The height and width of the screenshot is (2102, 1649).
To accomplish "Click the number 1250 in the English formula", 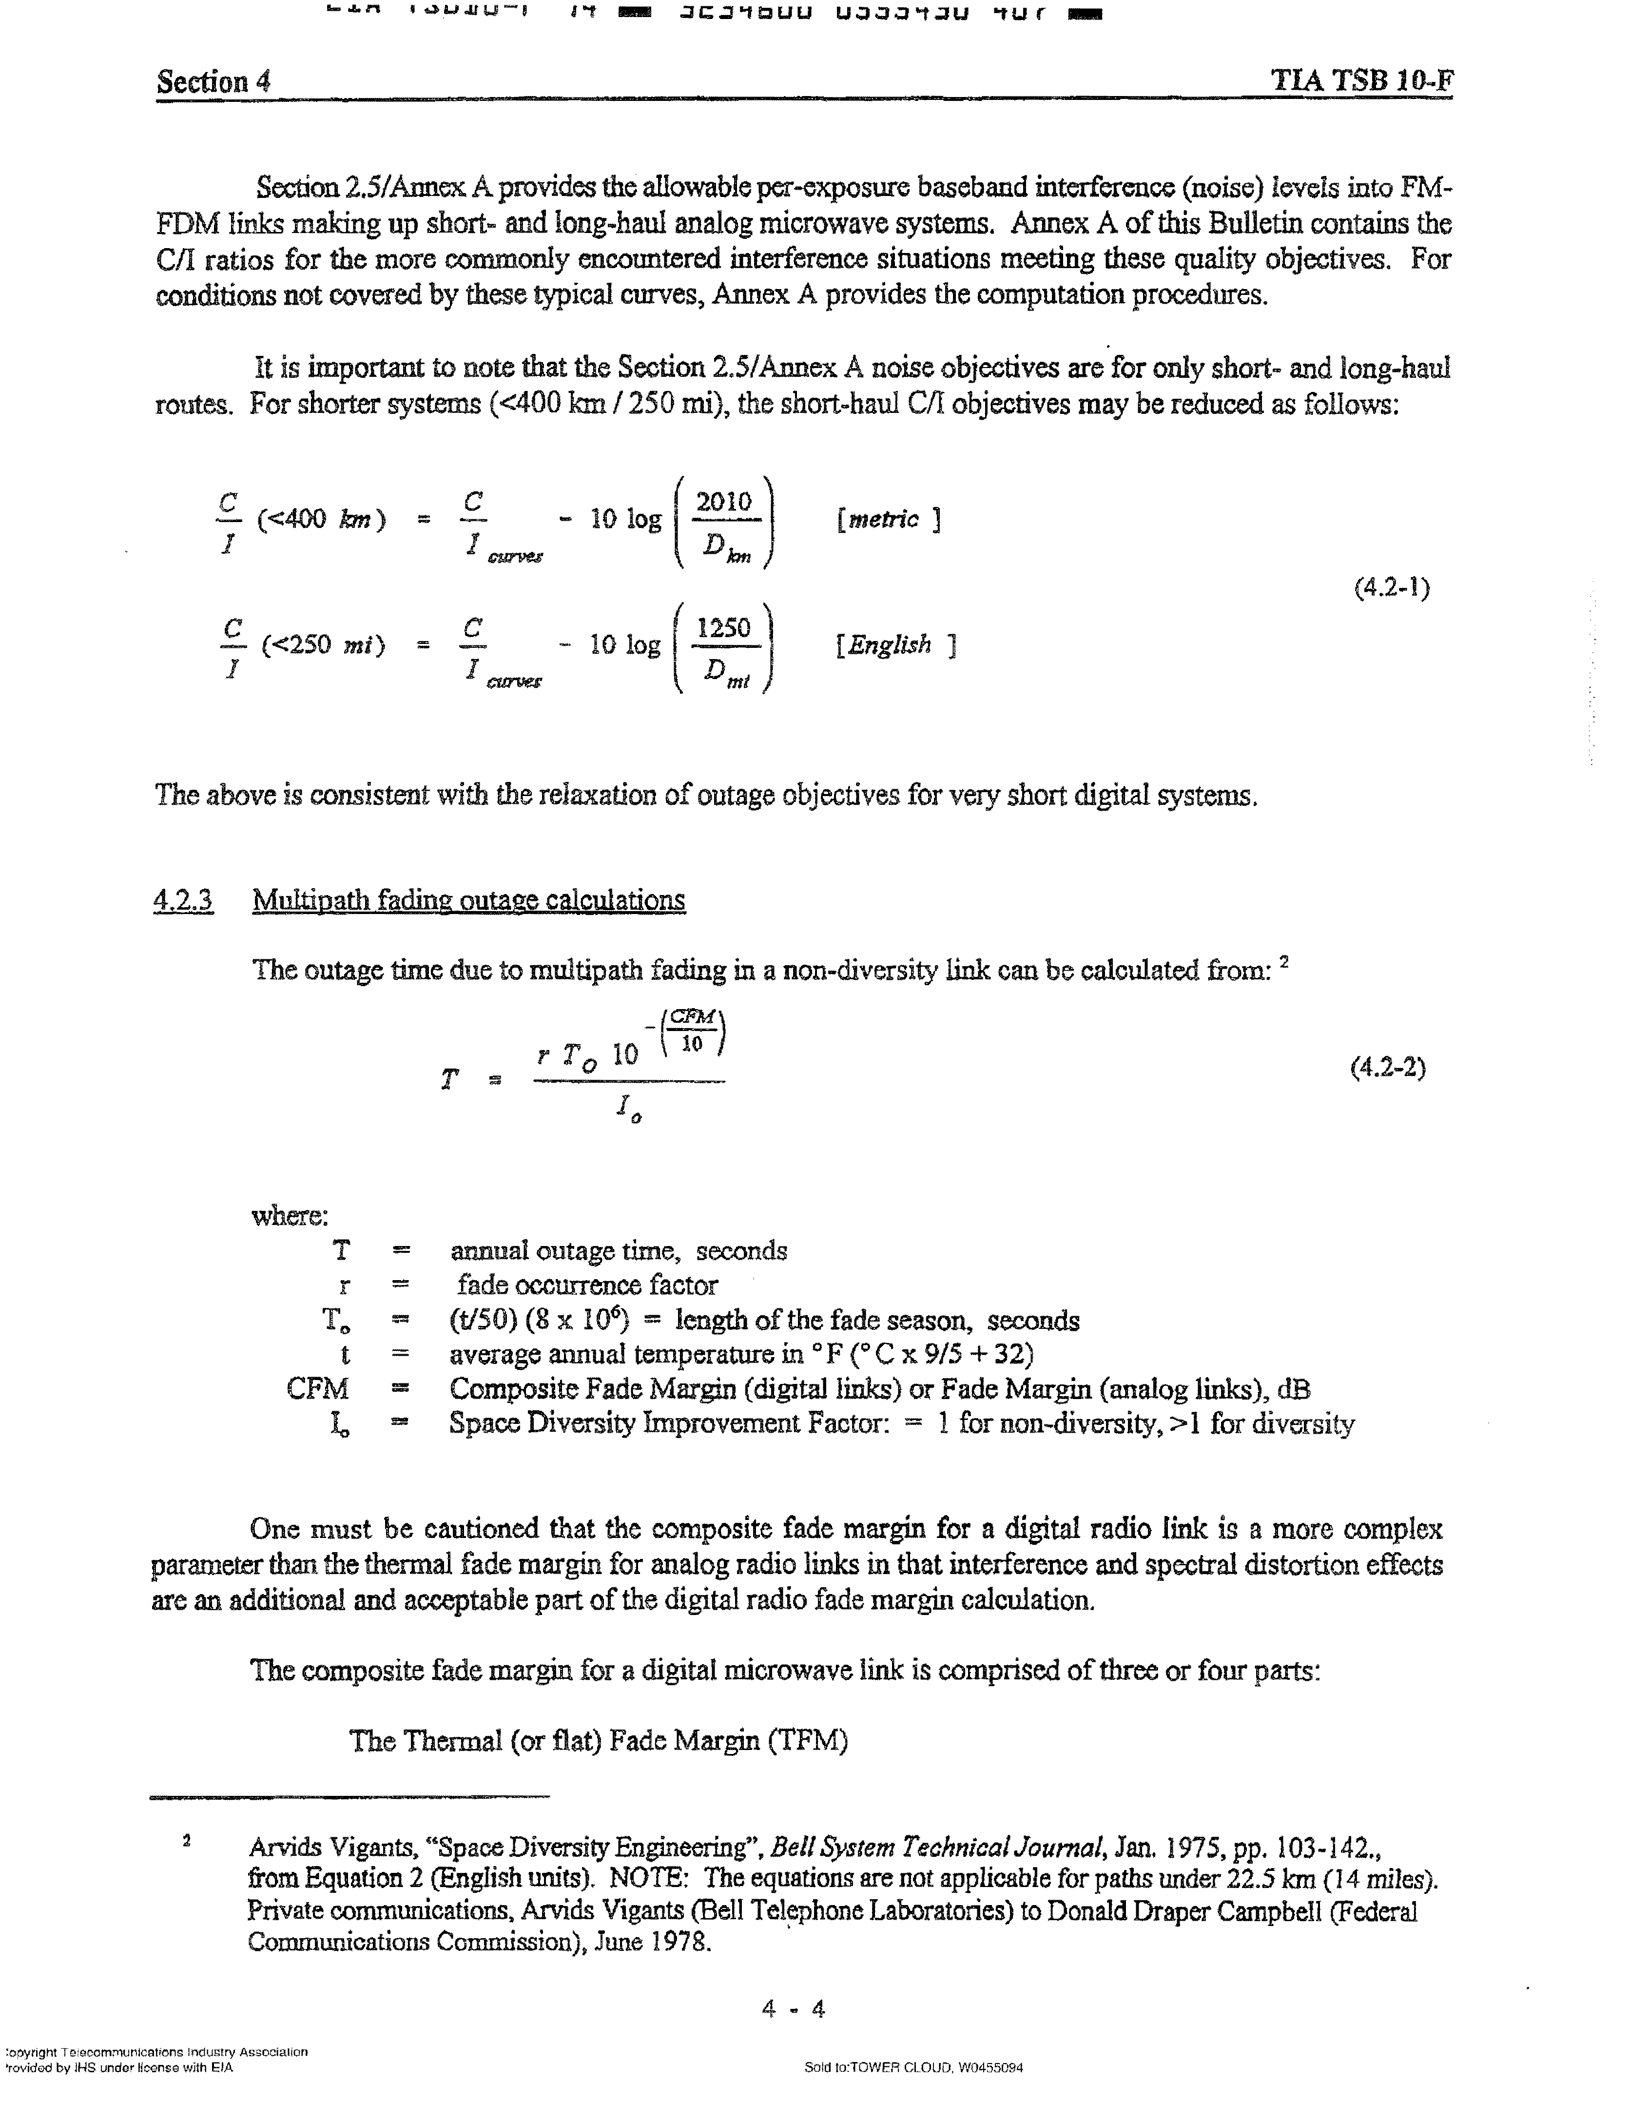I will click(723, 628).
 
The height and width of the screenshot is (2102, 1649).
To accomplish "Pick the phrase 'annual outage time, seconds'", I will click(618, 1251).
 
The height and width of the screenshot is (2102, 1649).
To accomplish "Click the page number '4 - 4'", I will click(794, 2009).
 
